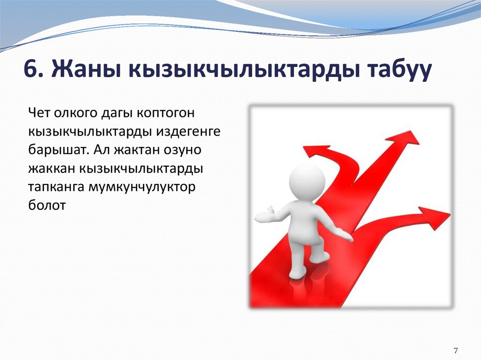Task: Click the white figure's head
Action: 306,179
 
